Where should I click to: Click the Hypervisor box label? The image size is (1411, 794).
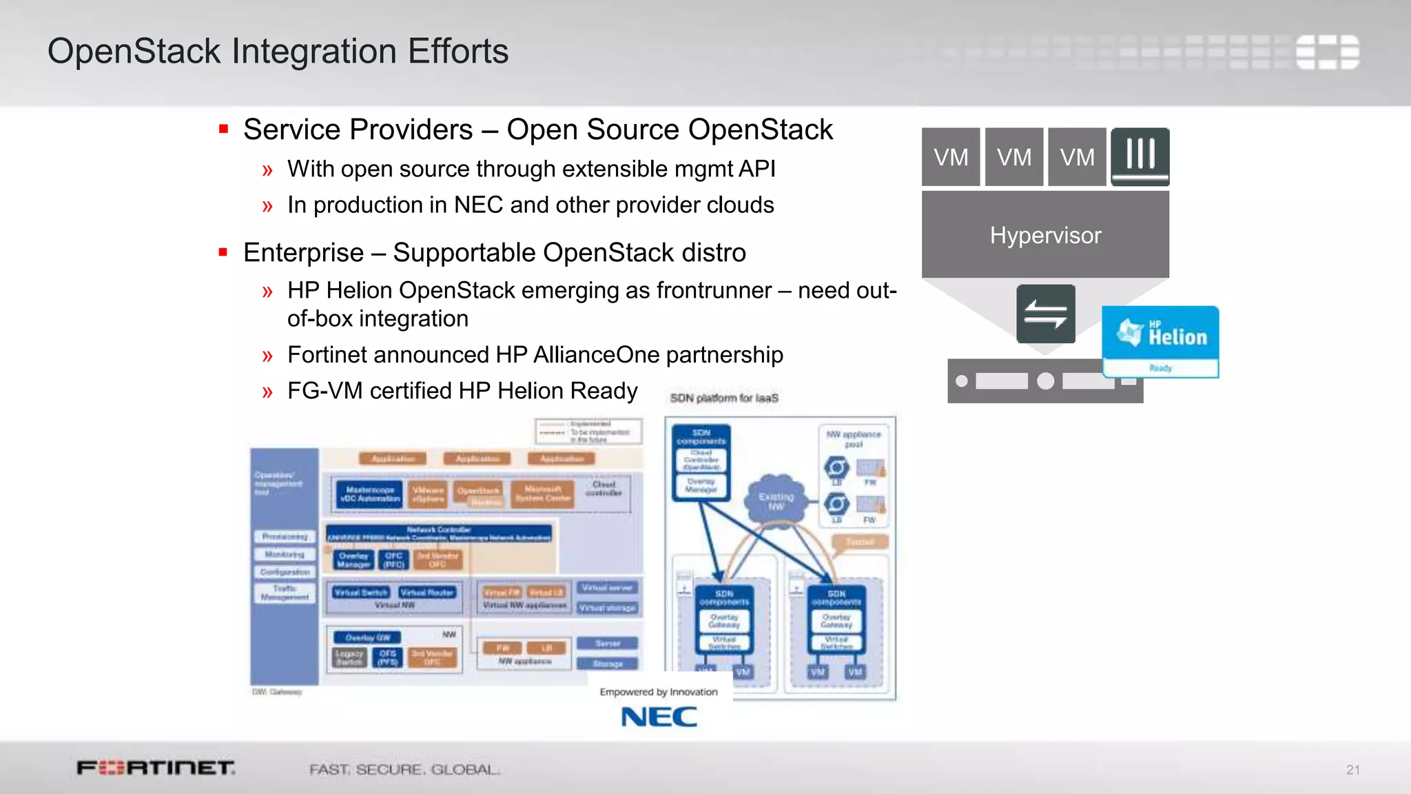tap(1045, 236)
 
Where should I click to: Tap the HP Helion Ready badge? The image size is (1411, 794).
tap(1160, 341)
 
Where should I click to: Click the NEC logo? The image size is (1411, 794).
tap(659, 717)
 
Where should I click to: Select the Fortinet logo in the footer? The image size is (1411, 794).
tap(156, 768)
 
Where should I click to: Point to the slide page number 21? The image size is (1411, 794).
tap(1353, 770)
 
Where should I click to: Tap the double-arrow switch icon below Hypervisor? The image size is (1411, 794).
tap(1045, 314)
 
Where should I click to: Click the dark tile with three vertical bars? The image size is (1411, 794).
tap(1140, 156)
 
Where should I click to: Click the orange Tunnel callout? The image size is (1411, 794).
tap(859, 542)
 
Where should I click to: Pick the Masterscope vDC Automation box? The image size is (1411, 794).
tap(369, 494)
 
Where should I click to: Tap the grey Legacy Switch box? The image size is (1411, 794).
tap(349, 658)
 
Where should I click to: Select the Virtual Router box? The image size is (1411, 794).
tap(427, 592)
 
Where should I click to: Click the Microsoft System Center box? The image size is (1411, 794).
tap(543, 493)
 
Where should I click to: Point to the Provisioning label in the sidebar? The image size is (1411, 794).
tap(285, 536)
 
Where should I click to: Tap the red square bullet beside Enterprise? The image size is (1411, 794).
tap(223, 252)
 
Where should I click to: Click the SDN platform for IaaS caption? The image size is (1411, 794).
tap(724, 398)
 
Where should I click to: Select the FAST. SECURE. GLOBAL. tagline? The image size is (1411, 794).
tap(404, 769)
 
